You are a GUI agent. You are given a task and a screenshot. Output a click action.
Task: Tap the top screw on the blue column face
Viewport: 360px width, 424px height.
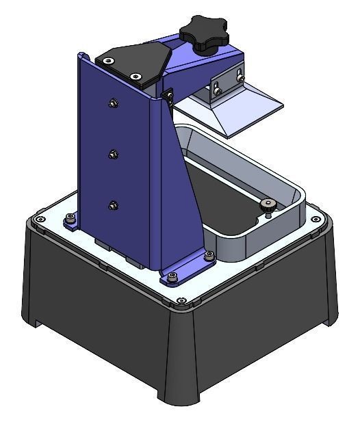[112, 103]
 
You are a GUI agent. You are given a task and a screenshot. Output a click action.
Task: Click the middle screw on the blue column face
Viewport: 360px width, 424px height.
[112, 154]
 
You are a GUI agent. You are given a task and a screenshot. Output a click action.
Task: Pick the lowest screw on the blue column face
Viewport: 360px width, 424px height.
[112, 204]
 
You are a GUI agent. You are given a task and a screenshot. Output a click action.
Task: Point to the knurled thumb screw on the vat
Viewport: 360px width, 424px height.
[266, 204]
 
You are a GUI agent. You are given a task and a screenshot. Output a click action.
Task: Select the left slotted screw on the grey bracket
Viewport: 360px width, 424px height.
[216, 87]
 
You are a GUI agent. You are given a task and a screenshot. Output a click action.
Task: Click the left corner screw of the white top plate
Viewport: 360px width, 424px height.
[40, 219]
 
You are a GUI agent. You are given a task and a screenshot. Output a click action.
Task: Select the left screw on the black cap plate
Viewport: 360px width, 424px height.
[109, 60]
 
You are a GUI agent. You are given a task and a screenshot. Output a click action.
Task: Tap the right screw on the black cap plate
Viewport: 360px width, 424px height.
[136, 75]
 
